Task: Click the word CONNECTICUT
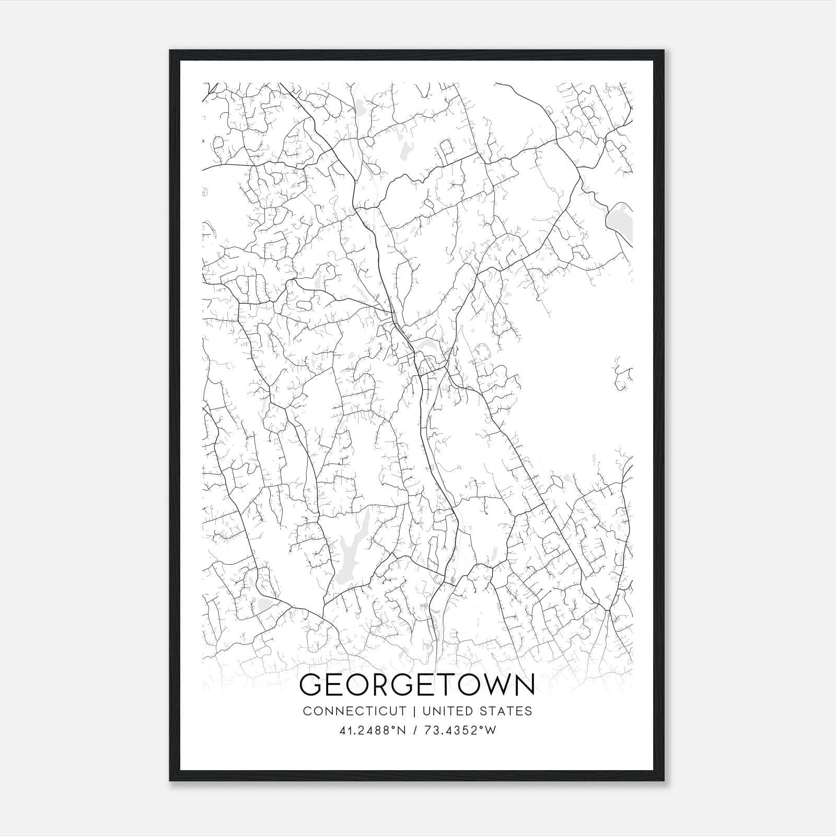pyautogui.click(x=354, y=711)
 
